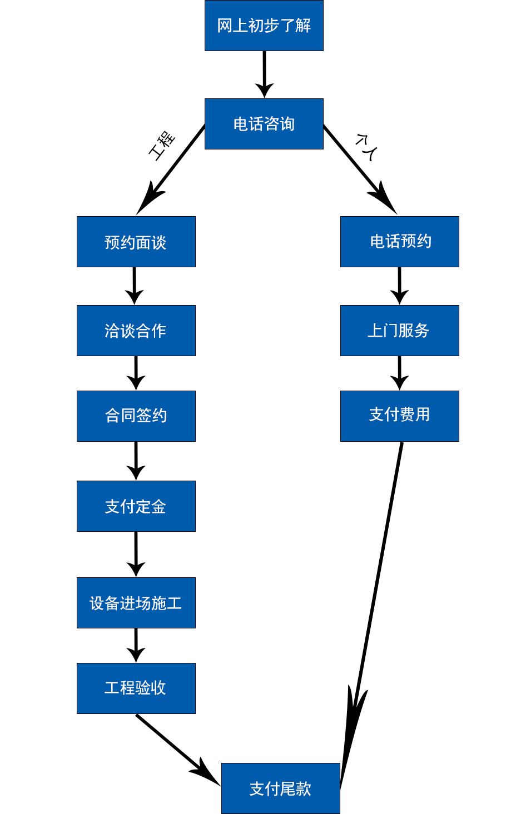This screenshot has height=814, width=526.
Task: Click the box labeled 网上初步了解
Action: pos(264,26)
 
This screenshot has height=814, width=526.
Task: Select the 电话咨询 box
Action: pos(264,124)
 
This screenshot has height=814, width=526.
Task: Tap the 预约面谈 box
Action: pos(136,242)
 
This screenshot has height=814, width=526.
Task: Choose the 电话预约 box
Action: pos(399,242)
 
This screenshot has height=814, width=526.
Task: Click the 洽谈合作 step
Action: pos(136,331)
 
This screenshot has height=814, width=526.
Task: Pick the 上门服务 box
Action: pos(399,331)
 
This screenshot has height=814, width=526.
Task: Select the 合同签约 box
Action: pos(136,416)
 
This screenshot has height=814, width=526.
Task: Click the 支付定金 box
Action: pos(136,506)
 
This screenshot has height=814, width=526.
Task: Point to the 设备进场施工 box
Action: pos(136,603)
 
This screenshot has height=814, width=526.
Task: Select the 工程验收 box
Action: pos(136,688)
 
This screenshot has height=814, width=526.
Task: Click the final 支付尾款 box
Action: pos(280,788)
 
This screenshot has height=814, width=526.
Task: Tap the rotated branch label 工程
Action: pos(162,146)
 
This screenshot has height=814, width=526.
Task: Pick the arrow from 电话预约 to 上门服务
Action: pos(399,284)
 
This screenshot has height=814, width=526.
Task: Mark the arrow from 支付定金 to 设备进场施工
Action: pos(136,553)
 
